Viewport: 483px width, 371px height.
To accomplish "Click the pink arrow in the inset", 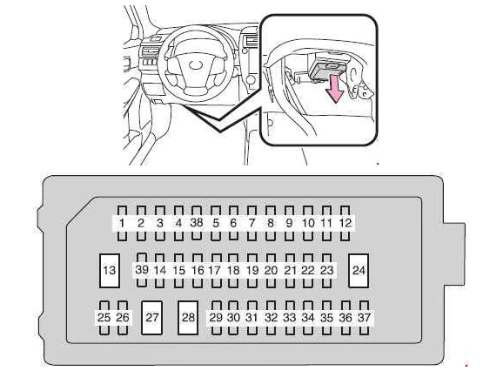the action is [334, 90].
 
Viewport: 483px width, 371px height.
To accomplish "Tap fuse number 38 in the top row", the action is [197, 223].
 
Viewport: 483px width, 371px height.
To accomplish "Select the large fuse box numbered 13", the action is [110, 271].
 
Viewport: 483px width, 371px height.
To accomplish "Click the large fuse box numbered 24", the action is [359, 271].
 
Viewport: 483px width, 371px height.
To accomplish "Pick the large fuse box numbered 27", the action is [151, 318].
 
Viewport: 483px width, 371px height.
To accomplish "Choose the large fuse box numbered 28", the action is [188, 318].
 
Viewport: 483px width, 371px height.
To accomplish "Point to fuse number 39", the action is [142, 270].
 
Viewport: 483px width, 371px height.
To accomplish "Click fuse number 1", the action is [123, 223].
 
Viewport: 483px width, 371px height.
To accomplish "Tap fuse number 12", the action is [345, 223].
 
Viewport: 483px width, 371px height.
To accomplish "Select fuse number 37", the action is [364, 318].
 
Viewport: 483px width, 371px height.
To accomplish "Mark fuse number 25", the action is [104, 318].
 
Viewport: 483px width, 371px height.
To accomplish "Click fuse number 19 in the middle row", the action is [252, 271].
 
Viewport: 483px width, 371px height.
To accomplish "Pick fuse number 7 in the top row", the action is [252, 223].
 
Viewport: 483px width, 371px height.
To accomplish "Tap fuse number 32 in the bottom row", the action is [271, 318].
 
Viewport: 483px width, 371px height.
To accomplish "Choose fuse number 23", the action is [326, 271].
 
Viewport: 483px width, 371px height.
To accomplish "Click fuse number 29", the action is [216, 318].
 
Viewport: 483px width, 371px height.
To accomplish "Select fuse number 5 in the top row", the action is [216, 223].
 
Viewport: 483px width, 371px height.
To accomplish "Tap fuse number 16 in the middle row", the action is [198, 271].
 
